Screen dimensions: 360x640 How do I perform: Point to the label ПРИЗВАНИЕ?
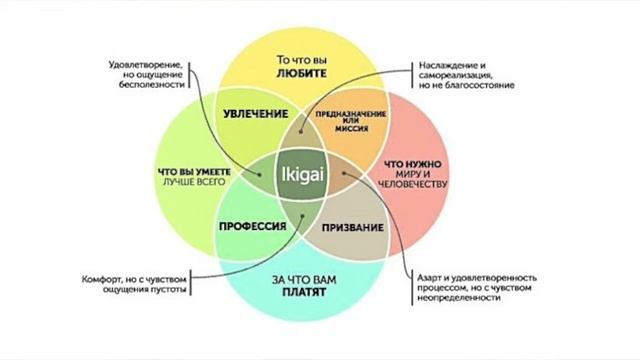tap(354, 229)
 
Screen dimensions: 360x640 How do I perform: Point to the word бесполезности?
tap(152, 86)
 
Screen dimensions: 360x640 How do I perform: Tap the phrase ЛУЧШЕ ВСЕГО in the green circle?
tap(192, 182)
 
